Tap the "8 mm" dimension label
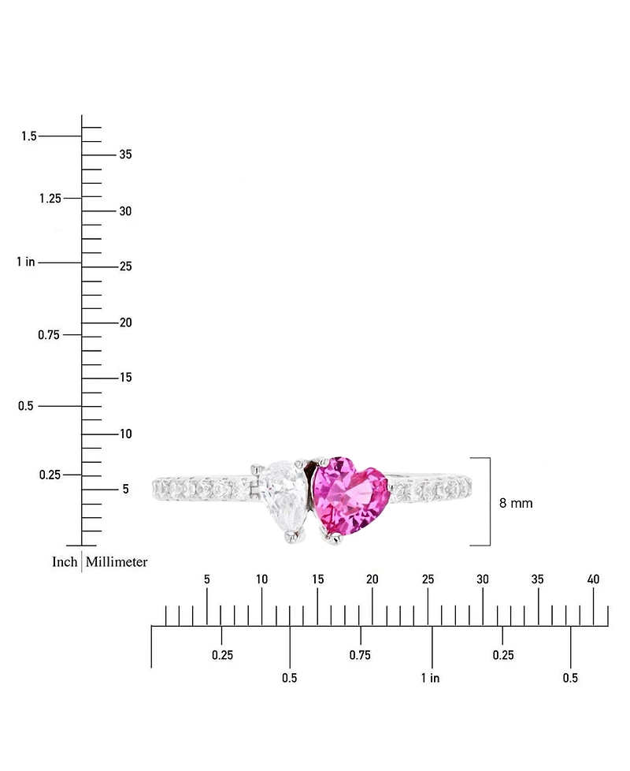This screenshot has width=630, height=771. click(x=516, y=503)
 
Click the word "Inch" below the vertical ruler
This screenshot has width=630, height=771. click(x=65, y=561)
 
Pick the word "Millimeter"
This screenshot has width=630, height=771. click(x=117, y=561)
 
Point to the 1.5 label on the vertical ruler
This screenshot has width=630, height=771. click(x=29, y=136)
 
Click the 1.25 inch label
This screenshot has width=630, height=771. click(x=50, y=198)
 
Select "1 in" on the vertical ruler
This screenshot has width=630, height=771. click(x=26, y=262)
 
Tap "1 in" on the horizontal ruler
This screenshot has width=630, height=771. click(x=430, y=678)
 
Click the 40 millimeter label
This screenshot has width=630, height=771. click(x=593, y=579)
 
